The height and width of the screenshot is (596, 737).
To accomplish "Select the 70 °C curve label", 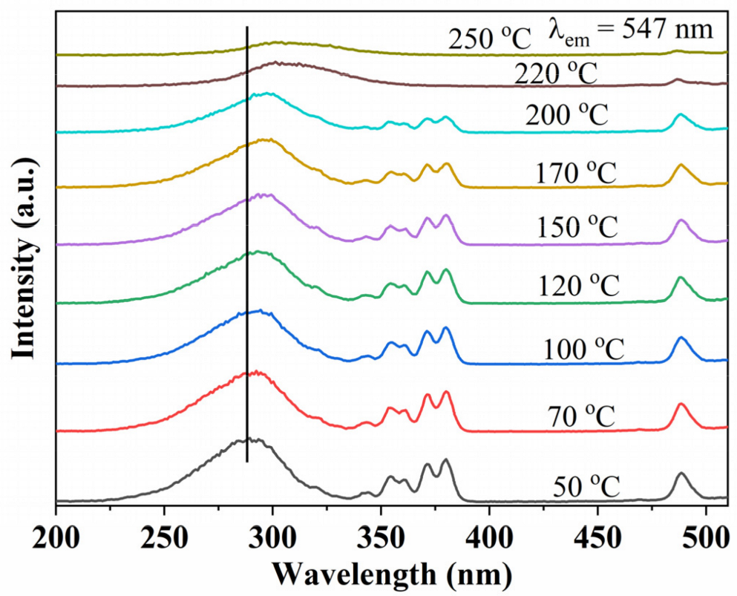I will click(584, 416).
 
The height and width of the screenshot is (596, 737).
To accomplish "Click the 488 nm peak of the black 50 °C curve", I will click(681, 474).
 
